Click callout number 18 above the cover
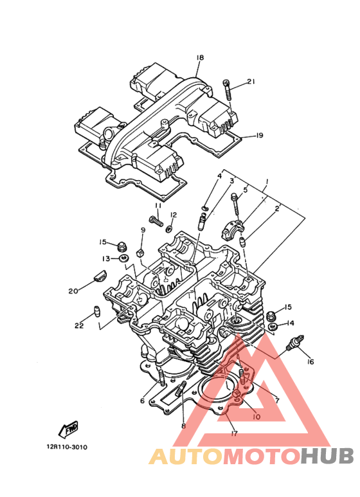coord(200,58)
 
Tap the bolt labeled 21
coord(228,90)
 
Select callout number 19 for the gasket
coord(259,136)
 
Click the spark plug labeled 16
coord(295,343)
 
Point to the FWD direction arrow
coord(68,429)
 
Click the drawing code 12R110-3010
coord(67,447)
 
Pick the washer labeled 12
coord(169,228)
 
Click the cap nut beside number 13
coord(121,246)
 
